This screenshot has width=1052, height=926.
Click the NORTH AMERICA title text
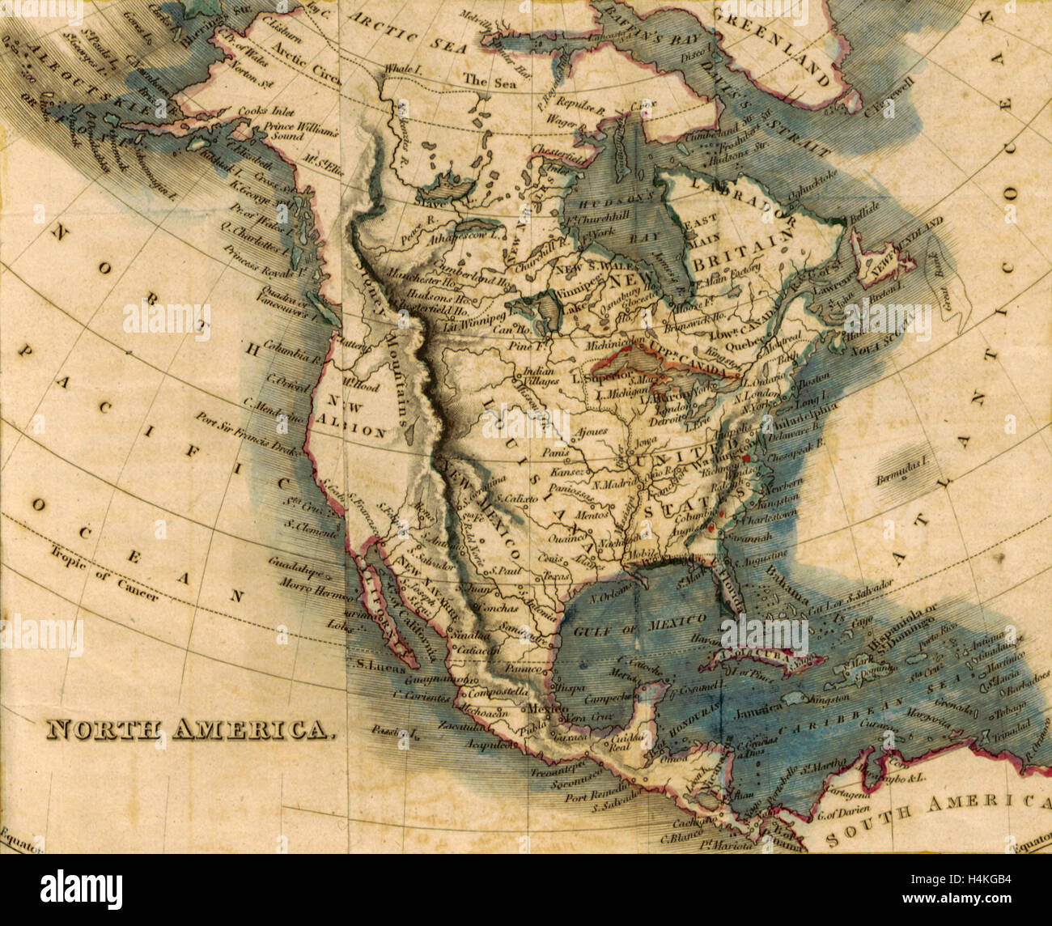[189, 729]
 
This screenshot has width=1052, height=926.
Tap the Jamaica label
[758, 705]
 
